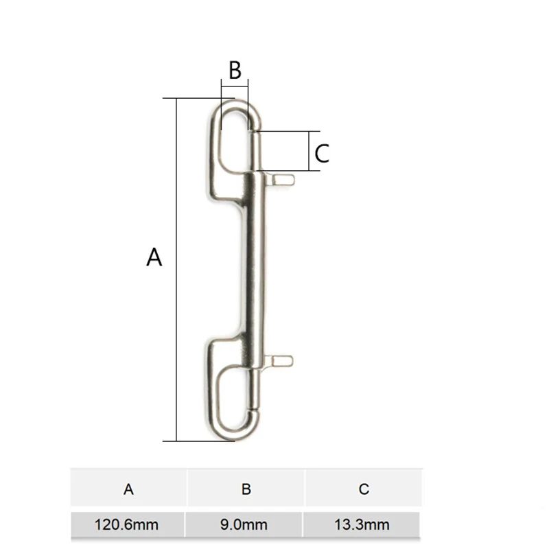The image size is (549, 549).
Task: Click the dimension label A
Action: pos(154,257)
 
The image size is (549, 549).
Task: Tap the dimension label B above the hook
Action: pos(235,70)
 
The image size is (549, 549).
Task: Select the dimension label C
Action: pos(322,153)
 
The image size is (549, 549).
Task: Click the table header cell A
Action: pos(128,489)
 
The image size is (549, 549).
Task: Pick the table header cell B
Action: pos(246,489)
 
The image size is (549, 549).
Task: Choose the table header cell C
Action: pos(364,489)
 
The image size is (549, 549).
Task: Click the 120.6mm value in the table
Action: pos(128,526)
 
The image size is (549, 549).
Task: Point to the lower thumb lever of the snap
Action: pos(281,360)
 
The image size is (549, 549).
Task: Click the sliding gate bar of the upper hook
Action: pos(255,151)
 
